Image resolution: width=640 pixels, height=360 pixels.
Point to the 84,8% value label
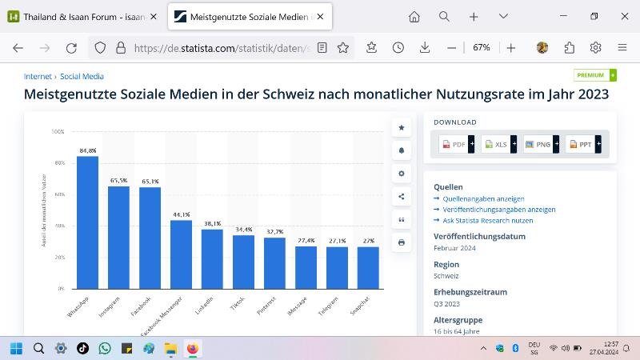pyautogui.click(x=88, y=150)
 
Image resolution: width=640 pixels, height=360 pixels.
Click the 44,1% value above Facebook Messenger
pyautogui.click(x=181, y=214)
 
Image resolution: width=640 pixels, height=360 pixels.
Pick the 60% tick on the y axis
pyautogui.click(x=58, y=194)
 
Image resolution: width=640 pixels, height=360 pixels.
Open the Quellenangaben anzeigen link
pyautogui.click(x=483, y=198)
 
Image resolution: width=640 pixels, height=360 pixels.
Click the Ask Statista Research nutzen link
pyautogui.click(x=487, y=220)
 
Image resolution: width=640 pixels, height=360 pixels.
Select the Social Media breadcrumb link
pyautogui.click(x=82, y=77)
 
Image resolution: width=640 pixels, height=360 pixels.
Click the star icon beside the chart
pyautogui.click(x=402, y=128)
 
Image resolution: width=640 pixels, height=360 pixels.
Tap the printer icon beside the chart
pyautogui.click(x=402, y=242)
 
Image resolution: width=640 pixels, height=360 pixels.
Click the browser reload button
pyautogui.click(x=71, y=48)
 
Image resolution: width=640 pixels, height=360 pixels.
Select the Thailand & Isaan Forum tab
pyautogui.click(x=80, y=17)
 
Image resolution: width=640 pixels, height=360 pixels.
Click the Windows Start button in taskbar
pyautogui.click(x=16, y=348)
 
